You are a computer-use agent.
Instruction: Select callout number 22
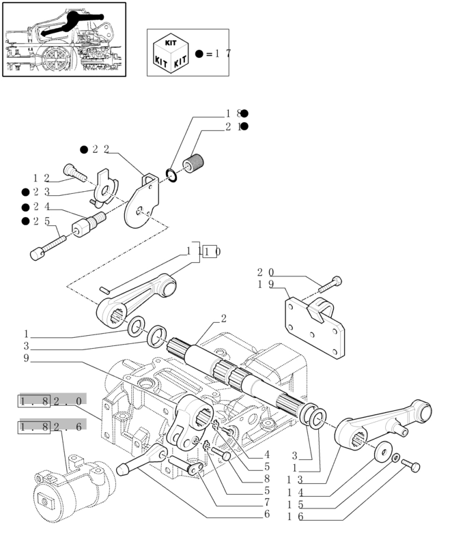pyautogui.click(x=101, y=149)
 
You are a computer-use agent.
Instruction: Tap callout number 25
pyautogui.click(x=40, y=221)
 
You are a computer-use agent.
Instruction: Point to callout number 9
pyautogui.click(x=25, y=358)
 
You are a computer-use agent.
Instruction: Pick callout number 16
pyautogui.click(x=295, y=518)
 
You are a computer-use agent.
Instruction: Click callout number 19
pyautogui.click(x=266, y=285)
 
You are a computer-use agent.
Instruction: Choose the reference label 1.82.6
pyautogui.click(x=52, y=427)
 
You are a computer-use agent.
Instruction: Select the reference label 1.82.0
pyautogui.click(x=52, y=401)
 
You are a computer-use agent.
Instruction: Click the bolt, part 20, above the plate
pyautogui.click(x=333, y=282)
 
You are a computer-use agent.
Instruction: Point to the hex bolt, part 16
pyautogui.click(x=412, y=465)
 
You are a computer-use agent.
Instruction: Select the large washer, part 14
pyautogui.click(x=383, y=450)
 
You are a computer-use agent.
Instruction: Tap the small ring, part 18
pyautogui.click(x=172, y=175)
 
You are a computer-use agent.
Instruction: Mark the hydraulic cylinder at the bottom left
pyautogui.click(x=68, y=491)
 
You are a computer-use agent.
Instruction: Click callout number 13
pyautogui.click(x=295, y=480)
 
